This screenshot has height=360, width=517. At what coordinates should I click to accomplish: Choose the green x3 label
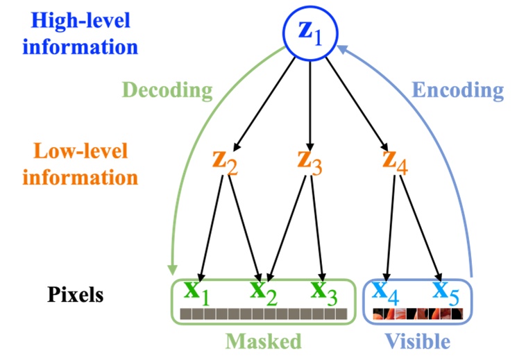(323, 292)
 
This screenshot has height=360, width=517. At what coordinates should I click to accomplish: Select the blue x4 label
(384, 292)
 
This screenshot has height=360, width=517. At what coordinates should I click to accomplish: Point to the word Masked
(264, 341)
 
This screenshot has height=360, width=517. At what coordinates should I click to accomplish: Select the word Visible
(418, 341)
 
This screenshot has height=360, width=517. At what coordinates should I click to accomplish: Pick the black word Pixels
(76, 294)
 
